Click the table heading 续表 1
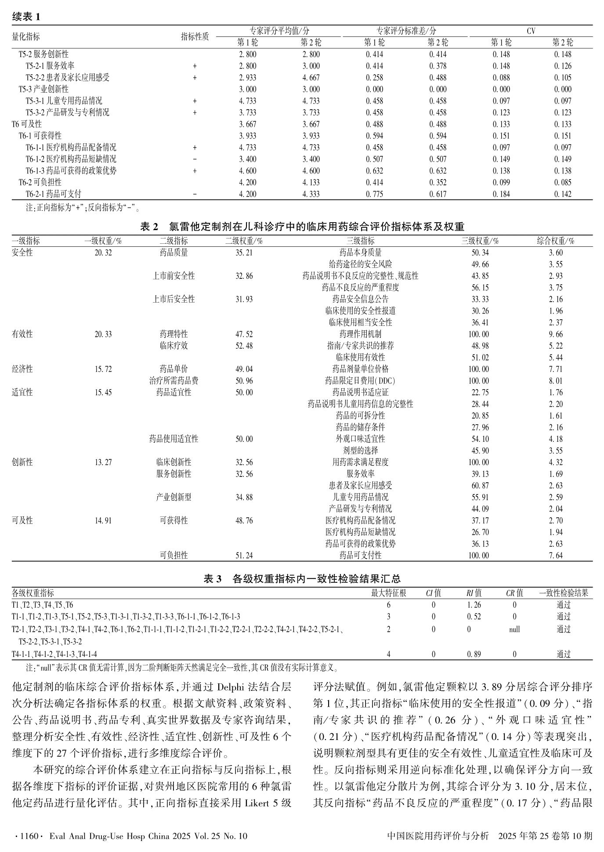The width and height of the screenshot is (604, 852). pos(26,17)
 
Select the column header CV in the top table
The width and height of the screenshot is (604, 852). pos(531,31)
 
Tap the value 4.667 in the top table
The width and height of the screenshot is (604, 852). pos(311,78)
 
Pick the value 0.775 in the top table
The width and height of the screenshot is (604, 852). pos(374,194)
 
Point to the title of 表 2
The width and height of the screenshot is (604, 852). pos(302,227)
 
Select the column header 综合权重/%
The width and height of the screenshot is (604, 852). pos(556,241)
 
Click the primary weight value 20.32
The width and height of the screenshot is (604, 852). pos(103,253)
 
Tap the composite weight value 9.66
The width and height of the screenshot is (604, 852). pos(556,334)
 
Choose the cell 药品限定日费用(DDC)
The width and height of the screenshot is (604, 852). pos(360,381)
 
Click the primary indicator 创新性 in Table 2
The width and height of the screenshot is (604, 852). pos(22,462)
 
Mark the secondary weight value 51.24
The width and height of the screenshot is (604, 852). pos(244,556)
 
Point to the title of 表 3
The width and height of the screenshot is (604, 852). pos(302,579)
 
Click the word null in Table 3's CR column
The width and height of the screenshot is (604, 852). pos(514,629)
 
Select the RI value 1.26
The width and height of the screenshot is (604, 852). pos(474,605)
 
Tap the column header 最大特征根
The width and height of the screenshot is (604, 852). pos(388,593)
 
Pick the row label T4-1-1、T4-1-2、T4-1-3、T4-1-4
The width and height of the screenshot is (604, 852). pos(54,654)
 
